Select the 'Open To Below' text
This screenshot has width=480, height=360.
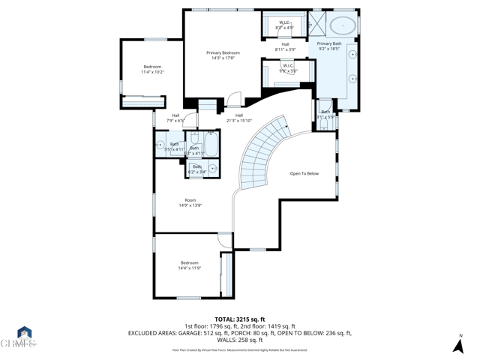coord(304,173)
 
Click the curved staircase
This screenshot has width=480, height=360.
coord(262,150)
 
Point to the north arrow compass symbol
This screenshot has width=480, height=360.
coord(457,344)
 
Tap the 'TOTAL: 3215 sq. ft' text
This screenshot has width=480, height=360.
coord(239,317)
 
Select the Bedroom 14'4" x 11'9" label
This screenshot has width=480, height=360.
coord(189,265)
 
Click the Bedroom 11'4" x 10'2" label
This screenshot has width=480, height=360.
coord(152,70)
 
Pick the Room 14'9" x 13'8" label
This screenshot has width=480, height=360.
coord(190,202)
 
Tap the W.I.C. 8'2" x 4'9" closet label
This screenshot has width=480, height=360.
coord(285,25)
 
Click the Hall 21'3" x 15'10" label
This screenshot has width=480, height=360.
coord(239,117)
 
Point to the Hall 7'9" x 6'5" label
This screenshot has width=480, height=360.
coord(175,117)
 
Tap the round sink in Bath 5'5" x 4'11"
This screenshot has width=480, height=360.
coord(160,145)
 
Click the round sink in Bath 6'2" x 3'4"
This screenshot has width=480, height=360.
coord(212,169)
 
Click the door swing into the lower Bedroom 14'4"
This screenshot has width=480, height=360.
coord(225,240)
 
